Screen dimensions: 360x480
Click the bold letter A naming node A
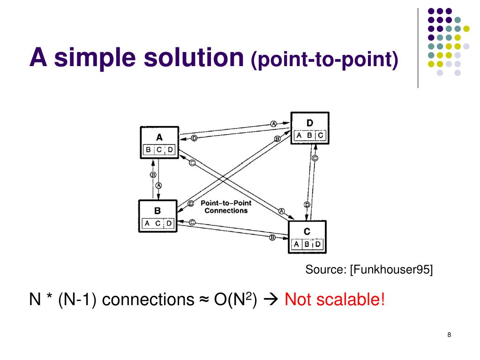pos(159,137)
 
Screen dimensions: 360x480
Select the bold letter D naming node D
pos(310,123)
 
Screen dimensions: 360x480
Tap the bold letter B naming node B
pos(158,211)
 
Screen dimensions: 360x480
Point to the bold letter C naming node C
pos(307,231)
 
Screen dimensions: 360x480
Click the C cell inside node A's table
pos(159,150)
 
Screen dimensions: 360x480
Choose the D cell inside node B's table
pos(169,224)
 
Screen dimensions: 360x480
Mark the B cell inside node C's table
pos(307,244)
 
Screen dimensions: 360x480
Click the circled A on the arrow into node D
pos(273,124)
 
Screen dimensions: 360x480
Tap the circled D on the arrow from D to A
pos(194,138)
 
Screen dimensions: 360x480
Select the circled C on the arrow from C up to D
pos(315,158)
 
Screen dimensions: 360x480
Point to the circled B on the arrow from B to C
pos(272,238)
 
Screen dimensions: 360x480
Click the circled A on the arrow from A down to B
pos(158,186)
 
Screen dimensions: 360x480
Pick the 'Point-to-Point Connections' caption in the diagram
pos(226,207)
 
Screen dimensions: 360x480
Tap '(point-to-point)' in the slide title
pos(325,60)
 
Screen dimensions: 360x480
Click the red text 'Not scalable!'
pos(335,299)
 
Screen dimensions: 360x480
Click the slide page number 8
pos(449,335)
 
